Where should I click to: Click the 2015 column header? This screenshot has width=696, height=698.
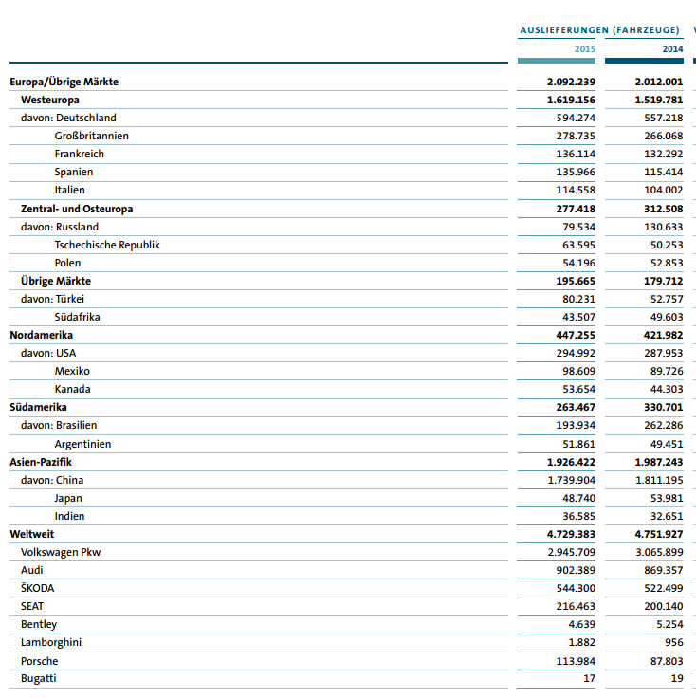pyautogui.click(x=584, y=48)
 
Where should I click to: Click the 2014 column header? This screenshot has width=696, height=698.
pyautogui.click(x=671, y=48)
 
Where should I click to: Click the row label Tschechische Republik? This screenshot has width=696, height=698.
pyautogui.click(x=107, y=245)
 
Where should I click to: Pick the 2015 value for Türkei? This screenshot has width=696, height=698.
pyautogui.click(x=578, y=299)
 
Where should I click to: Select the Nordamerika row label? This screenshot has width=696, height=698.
pyautogui.click(x=42, y=335)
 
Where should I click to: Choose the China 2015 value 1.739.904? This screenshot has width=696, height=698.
pyautogui.click(x=572, y=480)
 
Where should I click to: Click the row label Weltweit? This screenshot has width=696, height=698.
pyautogui.click(x=32, y=534)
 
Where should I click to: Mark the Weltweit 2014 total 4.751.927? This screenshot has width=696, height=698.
pyautogui.click(x=658, y=534)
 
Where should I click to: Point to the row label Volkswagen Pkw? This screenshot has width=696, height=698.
pyautogui.click(x=61, y=552)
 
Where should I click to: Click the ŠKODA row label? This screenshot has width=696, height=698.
pyautogui.click(x=38, y=588)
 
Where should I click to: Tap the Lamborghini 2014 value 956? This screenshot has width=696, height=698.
pyautogui.click(x=671, y=642)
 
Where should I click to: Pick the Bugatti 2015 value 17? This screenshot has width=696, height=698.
pyautogui.click(x=589, y=678)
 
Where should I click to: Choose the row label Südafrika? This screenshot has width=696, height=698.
pyautogui.click(x=78, y=317)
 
